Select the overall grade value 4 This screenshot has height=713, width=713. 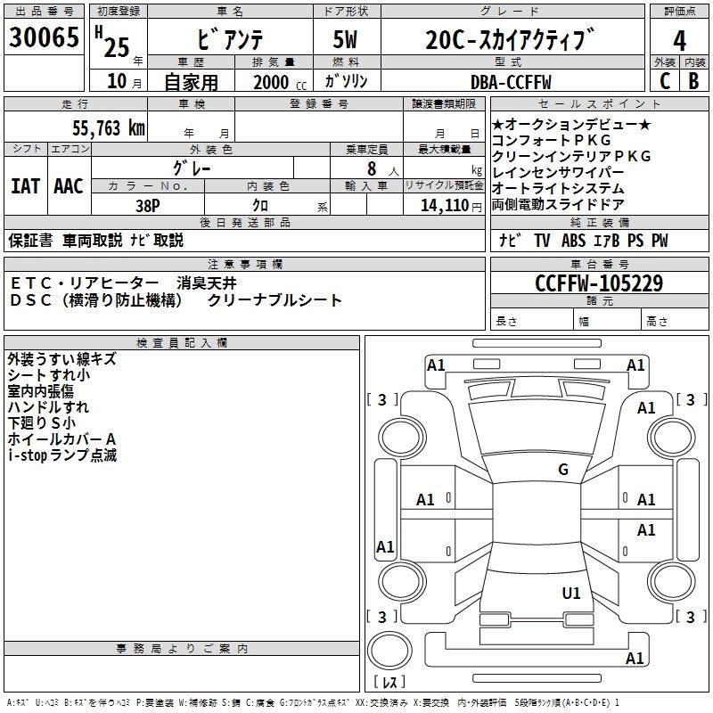(x=680, y=40)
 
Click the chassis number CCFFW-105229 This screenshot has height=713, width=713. (x=599, y=283)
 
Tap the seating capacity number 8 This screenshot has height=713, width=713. (x=370, y=168)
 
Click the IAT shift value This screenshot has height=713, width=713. (x=25, y=186)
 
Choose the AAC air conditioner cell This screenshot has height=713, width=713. (x=69, y=186)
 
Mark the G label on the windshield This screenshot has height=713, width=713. (x=563, y=470)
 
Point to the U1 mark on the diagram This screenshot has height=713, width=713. (x=571, y=593)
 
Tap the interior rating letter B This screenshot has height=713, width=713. (x=693, y=81)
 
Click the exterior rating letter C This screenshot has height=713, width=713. (x=664, y=81)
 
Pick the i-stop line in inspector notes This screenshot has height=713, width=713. (x=62, y=455)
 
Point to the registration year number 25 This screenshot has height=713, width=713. (x=117, y=45)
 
